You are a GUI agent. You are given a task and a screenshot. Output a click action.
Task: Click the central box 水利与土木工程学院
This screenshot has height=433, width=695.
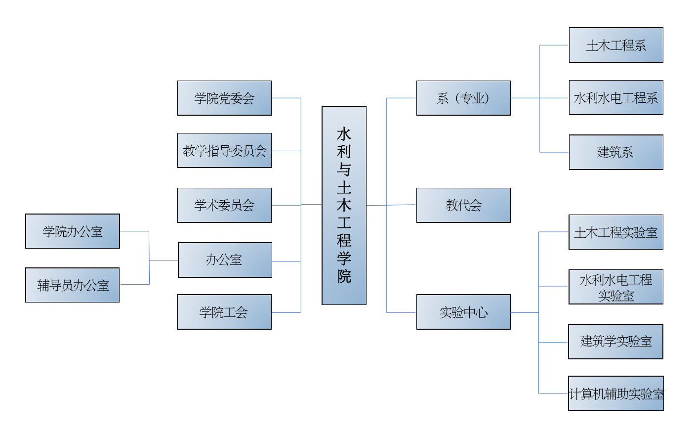tap(344, 205)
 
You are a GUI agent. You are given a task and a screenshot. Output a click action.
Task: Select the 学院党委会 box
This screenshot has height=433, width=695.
tap(224, 98)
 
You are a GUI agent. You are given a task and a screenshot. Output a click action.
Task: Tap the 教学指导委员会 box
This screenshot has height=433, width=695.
tap(224, 150)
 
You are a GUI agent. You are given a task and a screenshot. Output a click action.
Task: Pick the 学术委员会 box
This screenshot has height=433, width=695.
tap(224, 205)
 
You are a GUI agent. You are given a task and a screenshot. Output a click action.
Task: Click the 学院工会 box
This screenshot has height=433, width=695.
tap(224, 312)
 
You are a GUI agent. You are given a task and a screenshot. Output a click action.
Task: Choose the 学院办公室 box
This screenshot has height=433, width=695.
tap(73, 231)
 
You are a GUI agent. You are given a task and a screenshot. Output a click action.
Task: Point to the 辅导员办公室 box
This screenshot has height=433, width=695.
tap(73, 285)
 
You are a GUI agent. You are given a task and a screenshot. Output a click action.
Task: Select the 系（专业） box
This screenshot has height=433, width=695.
tap(463, 98)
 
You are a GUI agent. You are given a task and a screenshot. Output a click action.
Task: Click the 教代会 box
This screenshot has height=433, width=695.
tap(463, 205)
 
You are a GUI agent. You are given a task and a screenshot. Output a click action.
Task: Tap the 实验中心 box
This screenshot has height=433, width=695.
tap(463, 312)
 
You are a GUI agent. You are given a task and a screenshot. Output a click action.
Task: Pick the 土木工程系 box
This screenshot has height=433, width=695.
tap(616, 45)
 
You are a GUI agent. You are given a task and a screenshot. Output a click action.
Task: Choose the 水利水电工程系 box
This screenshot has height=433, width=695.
tap(616, 97)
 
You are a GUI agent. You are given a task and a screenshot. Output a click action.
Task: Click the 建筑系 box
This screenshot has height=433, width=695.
tap(616, 152)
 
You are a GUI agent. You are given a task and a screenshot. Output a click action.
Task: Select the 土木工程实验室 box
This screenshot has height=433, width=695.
tap(616, 232)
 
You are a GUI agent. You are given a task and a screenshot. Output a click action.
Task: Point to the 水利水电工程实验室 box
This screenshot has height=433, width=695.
tap(616, 287)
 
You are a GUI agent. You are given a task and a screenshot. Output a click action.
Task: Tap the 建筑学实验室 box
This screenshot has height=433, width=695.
tap(616, 342)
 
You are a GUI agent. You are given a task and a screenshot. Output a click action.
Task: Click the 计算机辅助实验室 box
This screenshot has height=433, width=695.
tap(616, 393)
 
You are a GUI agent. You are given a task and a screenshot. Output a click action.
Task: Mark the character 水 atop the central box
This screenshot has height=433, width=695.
tap(344, 133)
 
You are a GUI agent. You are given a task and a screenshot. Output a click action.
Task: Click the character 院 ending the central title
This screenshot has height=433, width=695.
tap(344, 276)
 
